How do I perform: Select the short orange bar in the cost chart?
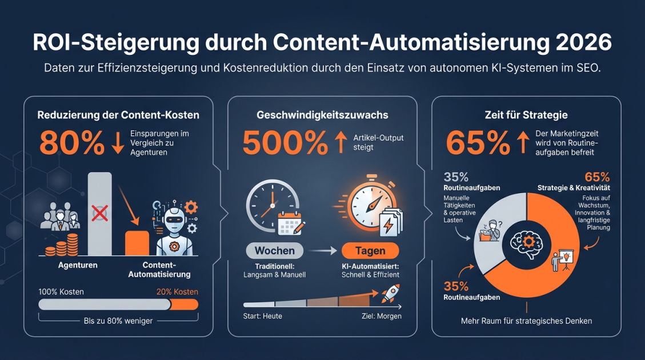137,243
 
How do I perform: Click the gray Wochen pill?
275,251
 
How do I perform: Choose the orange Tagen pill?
370,251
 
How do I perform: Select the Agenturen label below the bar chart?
78,266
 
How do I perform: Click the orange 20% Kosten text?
177,292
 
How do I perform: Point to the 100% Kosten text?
61,292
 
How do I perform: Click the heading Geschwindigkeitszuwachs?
322,115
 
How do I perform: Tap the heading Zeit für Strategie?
526,115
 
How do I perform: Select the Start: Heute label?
263,316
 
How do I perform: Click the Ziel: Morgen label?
382,316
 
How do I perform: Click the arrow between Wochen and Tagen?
322,251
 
